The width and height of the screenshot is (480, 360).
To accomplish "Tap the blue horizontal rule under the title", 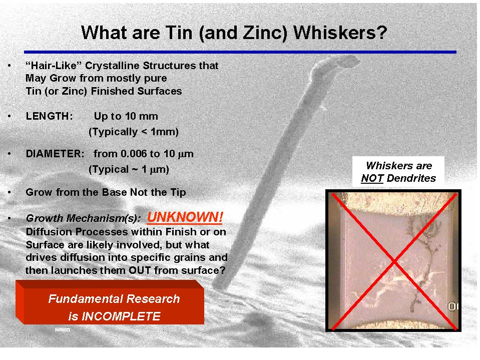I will pyautogui.click(x=240, y=52).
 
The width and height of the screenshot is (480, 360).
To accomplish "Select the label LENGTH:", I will pyautogui.click(x=49, y=116).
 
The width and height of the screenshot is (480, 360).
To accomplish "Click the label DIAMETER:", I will pyautogui.click(x=55, y=154).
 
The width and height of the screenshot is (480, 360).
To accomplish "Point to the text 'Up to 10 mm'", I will pyautogui.click(x=126, y=116).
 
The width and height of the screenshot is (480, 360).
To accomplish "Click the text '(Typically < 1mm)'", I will pyautogui.click(x=133, y=132).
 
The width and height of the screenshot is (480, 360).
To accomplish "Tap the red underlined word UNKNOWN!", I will pyautogui.click(x=185, y=217).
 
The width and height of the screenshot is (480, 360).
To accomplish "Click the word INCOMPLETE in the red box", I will pyautogui.click(x=114, y=316).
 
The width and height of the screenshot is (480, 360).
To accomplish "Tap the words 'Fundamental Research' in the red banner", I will pyautogui.click(x=114, y=299).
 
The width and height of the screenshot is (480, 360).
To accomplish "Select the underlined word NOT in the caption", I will pyautogui.click(x=372, y=178).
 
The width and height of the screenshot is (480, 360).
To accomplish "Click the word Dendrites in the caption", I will pyautogui.click(x=411, y=178).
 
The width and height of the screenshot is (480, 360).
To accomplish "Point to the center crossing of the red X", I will pyautogui.click(x=393, y=260).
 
